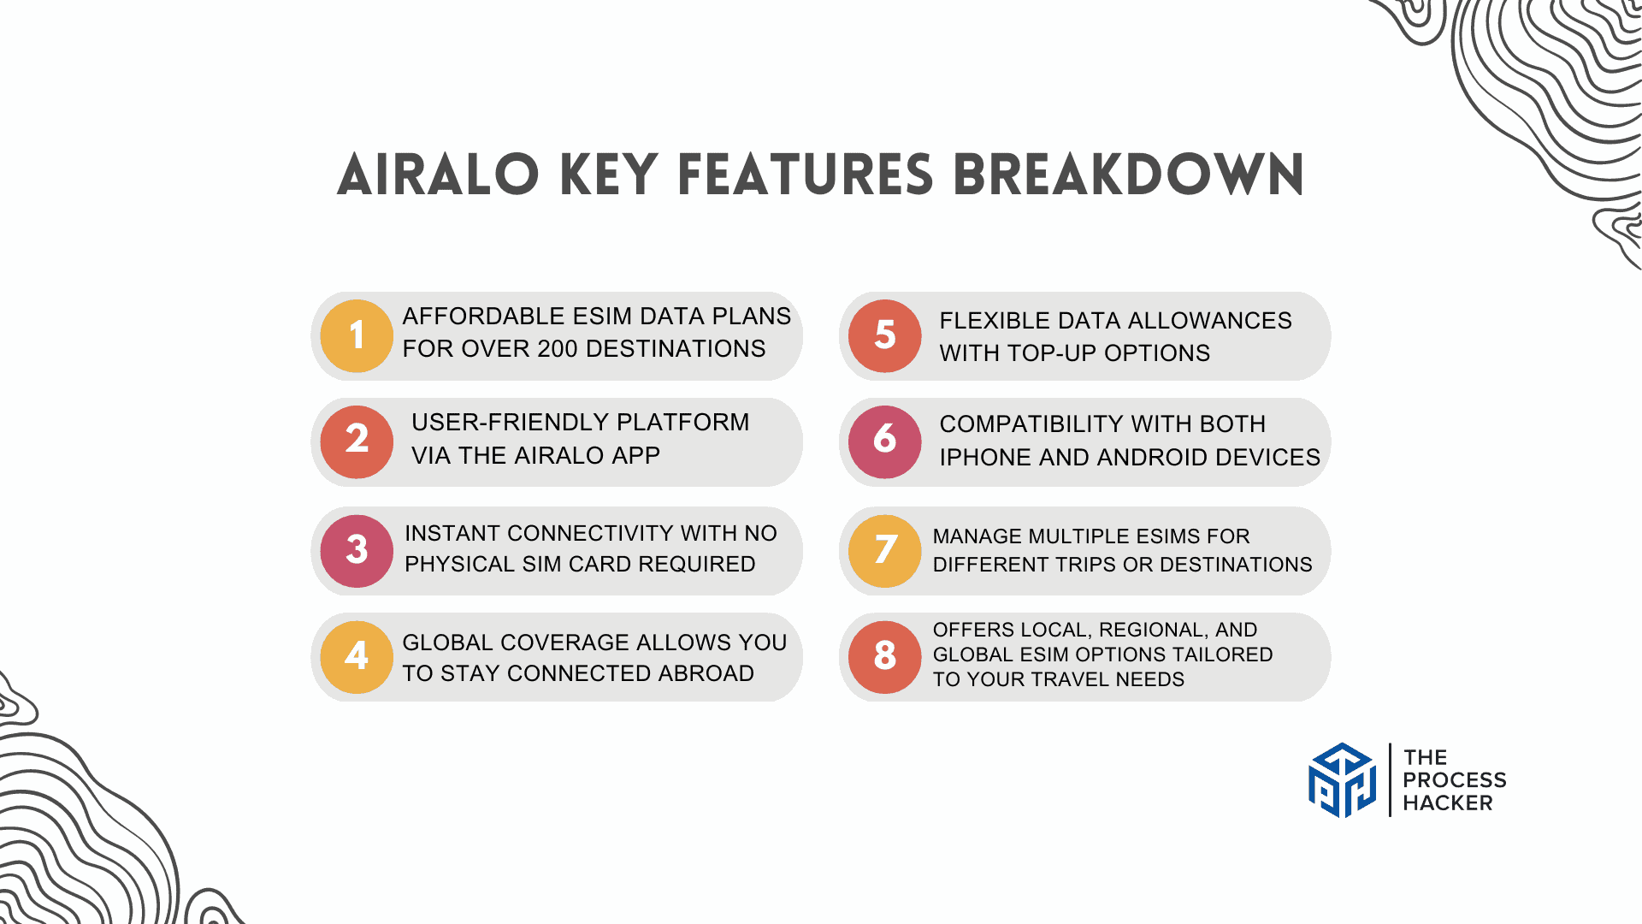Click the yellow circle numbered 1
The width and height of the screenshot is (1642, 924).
click(x=357, y=336)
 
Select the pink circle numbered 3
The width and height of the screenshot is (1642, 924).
click(x=357, y=551)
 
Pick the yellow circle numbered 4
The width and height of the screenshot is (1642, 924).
click(x=357, y=657)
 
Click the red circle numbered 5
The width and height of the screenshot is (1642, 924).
click(x=885, y=336)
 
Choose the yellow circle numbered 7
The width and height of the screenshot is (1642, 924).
click(x=885, y=551)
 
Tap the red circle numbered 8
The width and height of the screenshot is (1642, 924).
click(x=885, y=657)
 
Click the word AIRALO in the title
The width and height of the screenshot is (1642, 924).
click(x=438, y=175)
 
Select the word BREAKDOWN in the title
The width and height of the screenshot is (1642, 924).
click(x=1129, y=175)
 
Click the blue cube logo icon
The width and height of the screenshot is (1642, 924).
click(x=1343, y=780)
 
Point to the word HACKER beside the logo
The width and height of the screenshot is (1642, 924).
click(x=1448, y=803)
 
